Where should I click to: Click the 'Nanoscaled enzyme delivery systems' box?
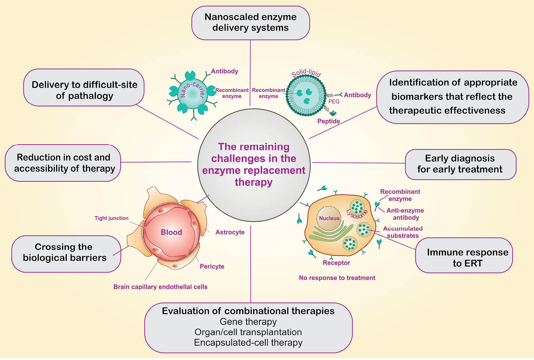pos(251,22)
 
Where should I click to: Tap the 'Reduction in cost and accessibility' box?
pos(63,163)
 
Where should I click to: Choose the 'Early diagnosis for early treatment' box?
pos(460,164)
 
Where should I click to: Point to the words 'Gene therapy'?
pos(248,321)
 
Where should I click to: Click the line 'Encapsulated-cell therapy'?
pos(248,342)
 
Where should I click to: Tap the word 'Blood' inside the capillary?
pos(171,232)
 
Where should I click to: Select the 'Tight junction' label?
pos(112,218)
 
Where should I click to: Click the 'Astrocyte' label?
pos(230,232)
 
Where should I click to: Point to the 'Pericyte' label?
pos(212,266)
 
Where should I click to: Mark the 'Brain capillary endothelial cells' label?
pos(160,287)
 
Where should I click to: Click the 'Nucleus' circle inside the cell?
pos(329,218)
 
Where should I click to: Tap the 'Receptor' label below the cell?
pos(336,262)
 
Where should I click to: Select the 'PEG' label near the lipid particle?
pos(334,101)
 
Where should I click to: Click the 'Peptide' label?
pos(328,121)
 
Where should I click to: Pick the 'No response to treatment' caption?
pos(337,278)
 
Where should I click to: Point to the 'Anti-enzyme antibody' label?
pos(405,214)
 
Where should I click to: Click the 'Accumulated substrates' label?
pos(403,232)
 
